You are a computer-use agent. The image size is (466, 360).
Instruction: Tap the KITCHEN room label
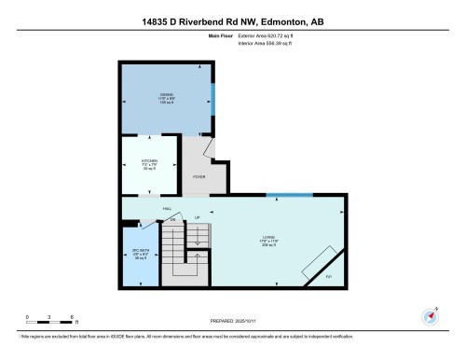149,161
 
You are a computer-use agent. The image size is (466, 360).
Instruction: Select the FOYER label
198,176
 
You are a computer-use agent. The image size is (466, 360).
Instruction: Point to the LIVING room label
269,240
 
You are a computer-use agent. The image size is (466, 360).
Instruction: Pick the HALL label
167,208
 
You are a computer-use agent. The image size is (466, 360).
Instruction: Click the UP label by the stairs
198,218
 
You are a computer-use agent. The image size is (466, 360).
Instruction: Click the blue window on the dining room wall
212,96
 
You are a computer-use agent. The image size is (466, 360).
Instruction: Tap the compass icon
432,315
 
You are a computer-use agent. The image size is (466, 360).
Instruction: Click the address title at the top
232,21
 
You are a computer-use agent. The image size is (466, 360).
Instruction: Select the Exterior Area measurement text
265,37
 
